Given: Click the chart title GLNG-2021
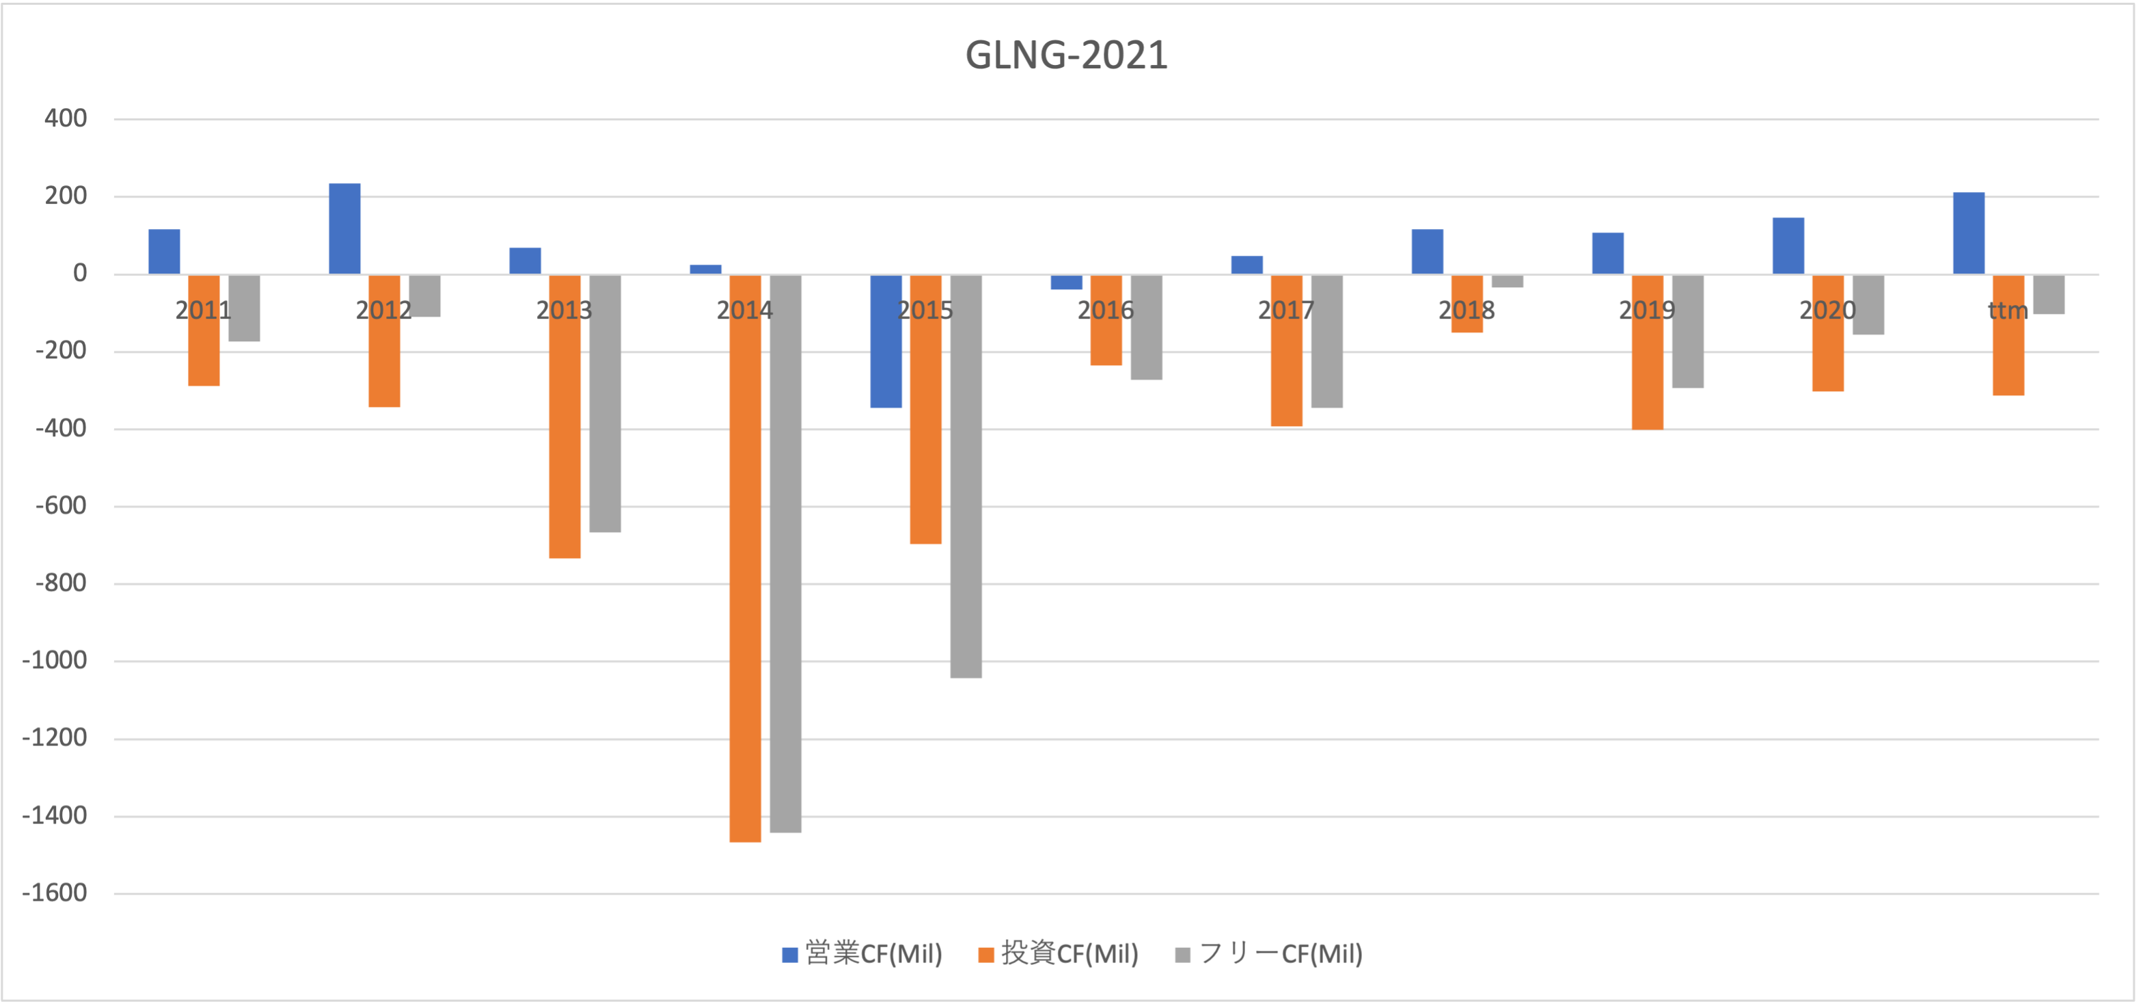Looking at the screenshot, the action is click(x=1066, y=55).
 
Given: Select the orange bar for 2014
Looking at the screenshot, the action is click(x=745, y=558).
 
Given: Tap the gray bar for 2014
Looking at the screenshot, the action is click(x=785, y=553).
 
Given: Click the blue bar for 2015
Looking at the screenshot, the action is click(x=886, y=341).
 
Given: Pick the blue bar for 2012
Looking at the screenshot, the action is click(x=344, y=228).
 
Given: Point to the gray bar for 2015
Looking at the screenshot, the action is click(x=966, y=476).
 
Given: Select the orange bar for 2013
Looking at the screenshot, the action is click(x=564, y=416).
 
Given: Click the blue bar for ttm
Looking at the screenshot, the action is click(x=1969, y=233).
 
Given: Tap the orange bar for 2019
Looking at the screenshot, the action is click(x=1648, y=352).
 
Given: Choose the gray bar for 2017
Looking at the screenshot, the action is click(x=1327, y=341).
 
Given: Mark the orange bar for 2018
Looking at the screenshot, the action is click(x=1467, y=304).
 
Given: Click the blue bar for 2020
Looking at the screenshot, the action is click(x=1788, y=246).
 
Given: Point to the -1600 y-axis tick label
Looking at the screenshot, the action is click(x=55, y=893).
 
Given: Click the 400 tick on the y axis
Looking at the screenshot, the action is click(x=66, y=119).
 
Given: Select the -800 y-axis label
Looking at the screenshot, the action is click(x=62, y=583).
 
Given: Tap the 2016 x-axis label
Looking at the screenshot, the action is click(x=1106, y=310).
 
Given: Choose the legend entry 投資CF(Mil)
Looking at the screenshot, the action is click(x=1059, y=953).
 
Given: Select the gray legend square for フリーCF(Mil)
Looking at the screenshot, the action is click(x=1183, y=955).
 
